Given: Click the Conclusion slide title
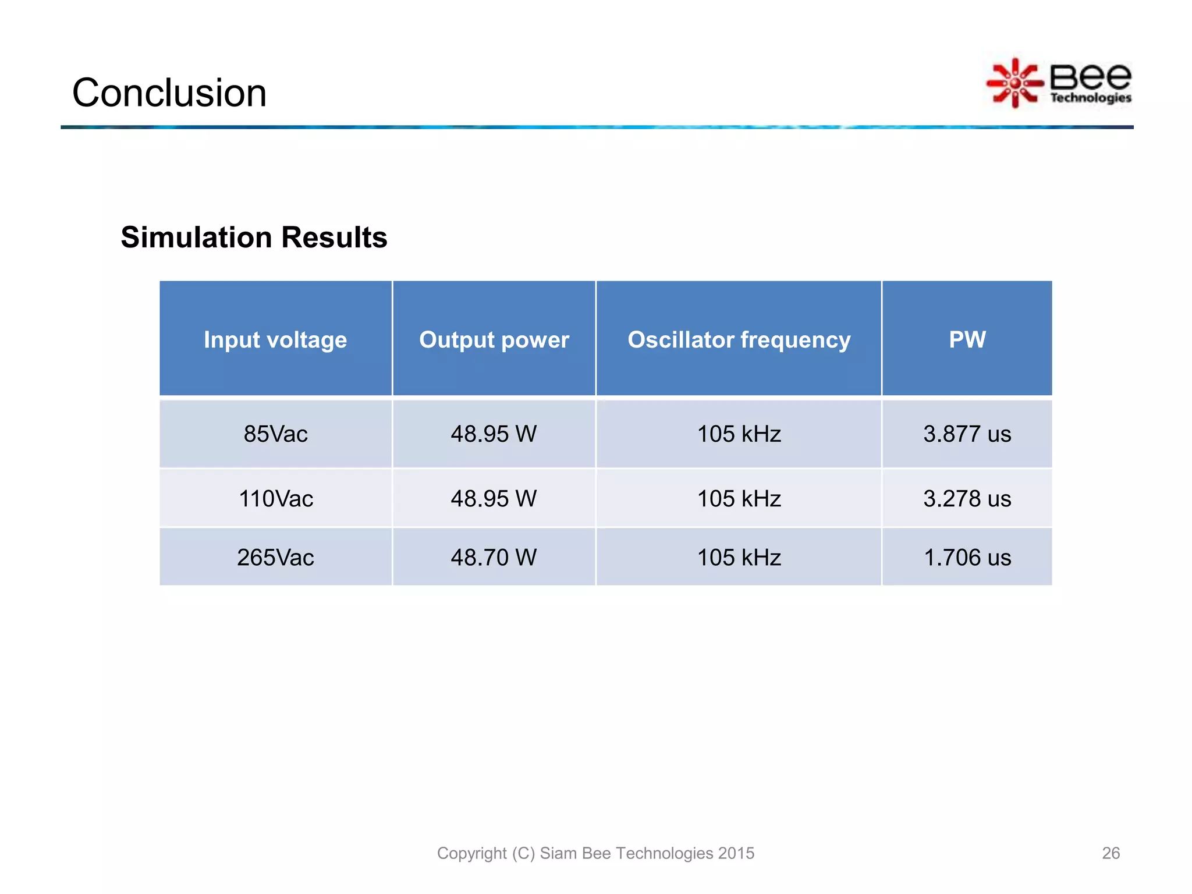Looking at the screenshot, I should point(169,93).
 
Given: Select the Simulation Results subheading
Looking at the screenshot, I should point(254,237).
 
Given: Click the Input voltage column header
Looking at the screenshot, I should point(275,339).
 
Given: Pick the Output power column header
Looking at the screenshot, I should point(494,339).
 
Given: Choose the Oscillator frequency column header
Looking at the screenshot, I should point(739,339).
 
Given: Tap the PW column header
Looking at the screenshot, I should point(967,339).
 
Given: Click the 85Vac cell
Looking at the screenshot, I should point(275,434).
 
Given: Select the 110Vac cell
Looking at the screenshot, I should point(275,499).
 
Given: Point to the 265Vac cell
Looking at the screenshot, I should point(275,558).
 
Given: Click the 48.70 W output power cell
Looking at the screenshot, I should point(494,558).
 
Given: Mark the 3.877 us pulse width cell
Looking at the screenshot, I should point(967,434).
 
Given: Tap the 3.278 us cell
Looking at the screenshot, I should point(967,499).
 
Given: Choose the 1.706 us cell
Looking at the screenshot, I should point(967,558).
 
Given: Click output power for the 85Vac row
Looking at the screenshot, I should point(494,434).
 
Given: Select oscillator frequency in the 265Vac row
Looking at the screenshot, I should point(739,558).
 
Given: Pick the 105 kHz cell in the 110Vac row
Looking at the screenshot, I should point(739,499).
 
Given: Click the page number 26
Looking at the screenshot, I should point(1111,853).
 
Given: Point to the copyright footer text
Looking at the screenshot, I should point(595,853).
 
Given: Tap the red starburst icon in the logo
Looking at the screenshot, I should point(1015,83).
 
